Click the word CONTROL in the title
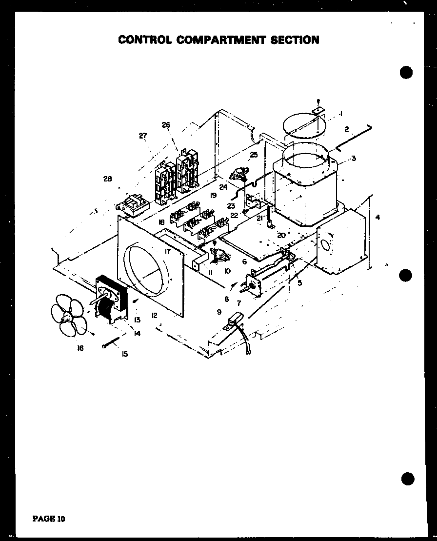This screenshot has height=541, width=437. point(145,40)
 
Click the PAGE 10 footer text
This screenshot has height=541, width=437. point(48,518)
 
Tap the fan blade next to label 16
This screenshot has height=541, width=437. point(68,317)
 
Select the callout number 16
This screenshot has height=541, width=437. point(80,348)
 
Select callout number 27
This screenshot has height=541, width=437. point(142,136)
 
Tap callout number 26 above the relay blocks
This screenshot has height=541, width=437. point(166,125)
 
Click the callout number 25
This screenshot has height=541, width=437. point(254,155)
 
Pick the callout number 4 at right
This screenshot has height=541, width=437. point(377,217)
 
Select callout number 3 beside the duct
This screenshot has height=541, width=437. point(354,158)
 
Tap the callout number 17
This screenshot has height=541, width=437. point(167,252)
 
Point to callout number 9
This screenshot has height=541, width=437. point(219,311)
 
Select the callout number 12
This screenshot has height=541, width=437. point(154,316)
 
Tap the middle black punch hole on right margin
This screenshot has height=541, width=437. point(405,276)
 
